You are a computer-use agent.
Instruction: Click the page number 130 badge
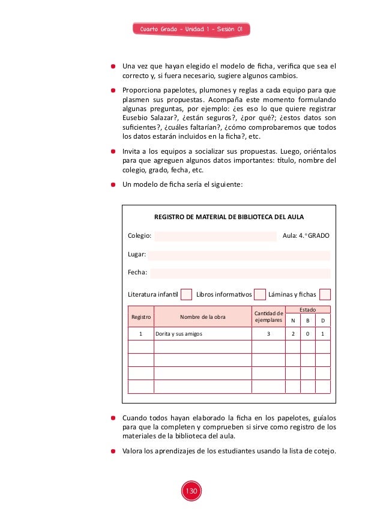pyautogui.click(x=191, y=491)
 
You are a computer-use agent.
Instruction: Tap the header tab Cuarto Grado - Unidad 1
pyautogui.click(x=191, y=29)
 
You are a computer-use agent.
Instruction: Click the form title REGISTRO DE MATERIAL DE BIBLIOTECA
pyautogui.click(x=229, y=217)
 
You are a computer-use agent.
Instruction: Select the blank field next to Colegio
pyautogui.click(x=215, y=237)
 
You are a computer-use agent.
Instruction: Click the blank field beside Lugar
pyautogui.click(x=239, y=255)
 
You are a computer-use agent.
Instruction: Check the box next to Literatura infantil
pyautogui.click(x=187, y=294)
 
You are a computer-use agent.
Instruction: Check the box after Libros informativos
pyautogui.click(x=260, y=294)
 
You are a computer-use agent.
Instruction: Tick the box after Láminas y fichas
pyautogui.click(x=325, y=294)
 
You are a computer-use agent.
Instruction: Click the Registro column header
pyautogui.click(x=140, y=316)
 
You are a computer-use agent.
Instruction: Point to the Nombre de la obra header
pyautogui.click(x=202, y=316)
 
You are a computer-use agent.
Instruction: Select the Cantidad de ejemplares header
pyautogui.click(x=268, y=316)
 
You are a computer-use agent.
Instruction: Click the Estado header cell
pyautogui.click(x=307, y=309)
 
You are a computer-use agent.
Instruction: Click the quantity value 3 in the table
pyautogui.click(x=268, y=333)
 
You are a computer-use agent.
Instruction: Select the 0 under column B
pyautogui.click(x=307, y=333)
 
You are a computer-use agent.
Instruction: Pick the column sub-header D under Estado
pyautogui.click(x=322, y=321)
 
